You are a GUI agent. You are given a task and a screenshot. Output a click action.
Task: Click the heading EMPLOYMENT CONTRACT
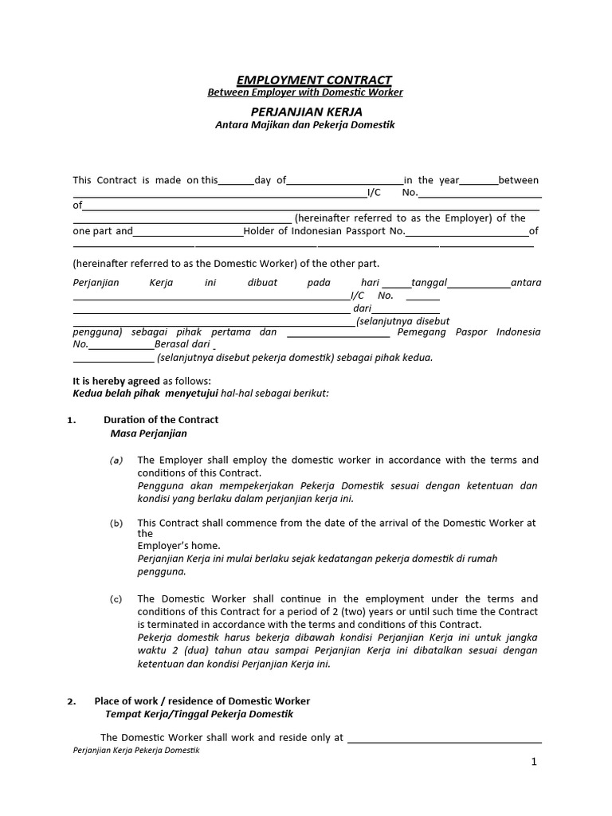[314, 80]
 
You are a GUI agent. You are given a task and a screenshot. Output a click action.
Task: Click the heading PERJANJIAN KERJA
[307, 112]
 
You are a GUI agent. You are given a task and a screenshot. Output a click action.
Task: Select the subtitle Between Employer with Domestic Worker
[305, 92]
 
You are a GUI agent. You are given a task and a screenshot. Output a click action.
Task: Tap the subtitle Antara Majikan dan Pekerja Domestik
[305, 125]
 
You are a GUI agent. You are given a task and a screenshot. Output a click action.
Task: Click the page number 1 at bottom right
[534, 762]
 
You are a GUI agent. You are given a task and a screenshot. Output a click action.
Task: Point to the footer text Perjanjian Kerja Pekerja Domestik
[135, 751]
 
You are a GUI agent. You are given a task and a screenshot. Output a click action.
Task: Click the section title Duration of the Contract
[161, 420]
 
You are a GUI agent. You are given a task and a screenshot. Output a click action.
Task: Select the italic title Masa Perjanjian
[148, 433]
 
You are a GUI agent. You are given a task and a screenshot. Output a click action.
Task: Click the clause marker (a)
[116, 461]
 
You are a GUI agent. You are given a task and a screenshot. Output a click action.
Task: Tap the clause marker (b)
[116, 524]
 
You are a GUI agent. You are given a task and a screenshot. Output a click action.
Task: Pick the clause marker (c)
[116, 599]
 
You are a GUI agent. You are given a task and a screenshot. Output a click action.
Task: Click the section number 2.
[71, 701]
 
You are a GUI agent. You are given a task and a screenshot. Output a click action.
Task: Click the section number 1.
[71, 420]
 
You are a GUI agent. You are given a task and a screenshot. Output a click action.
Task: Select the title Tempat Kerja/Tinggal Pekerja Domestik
[199, 714]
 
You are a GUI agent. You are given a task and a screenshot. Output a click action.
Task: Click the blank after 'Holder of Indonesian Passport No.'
[467, 233]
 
